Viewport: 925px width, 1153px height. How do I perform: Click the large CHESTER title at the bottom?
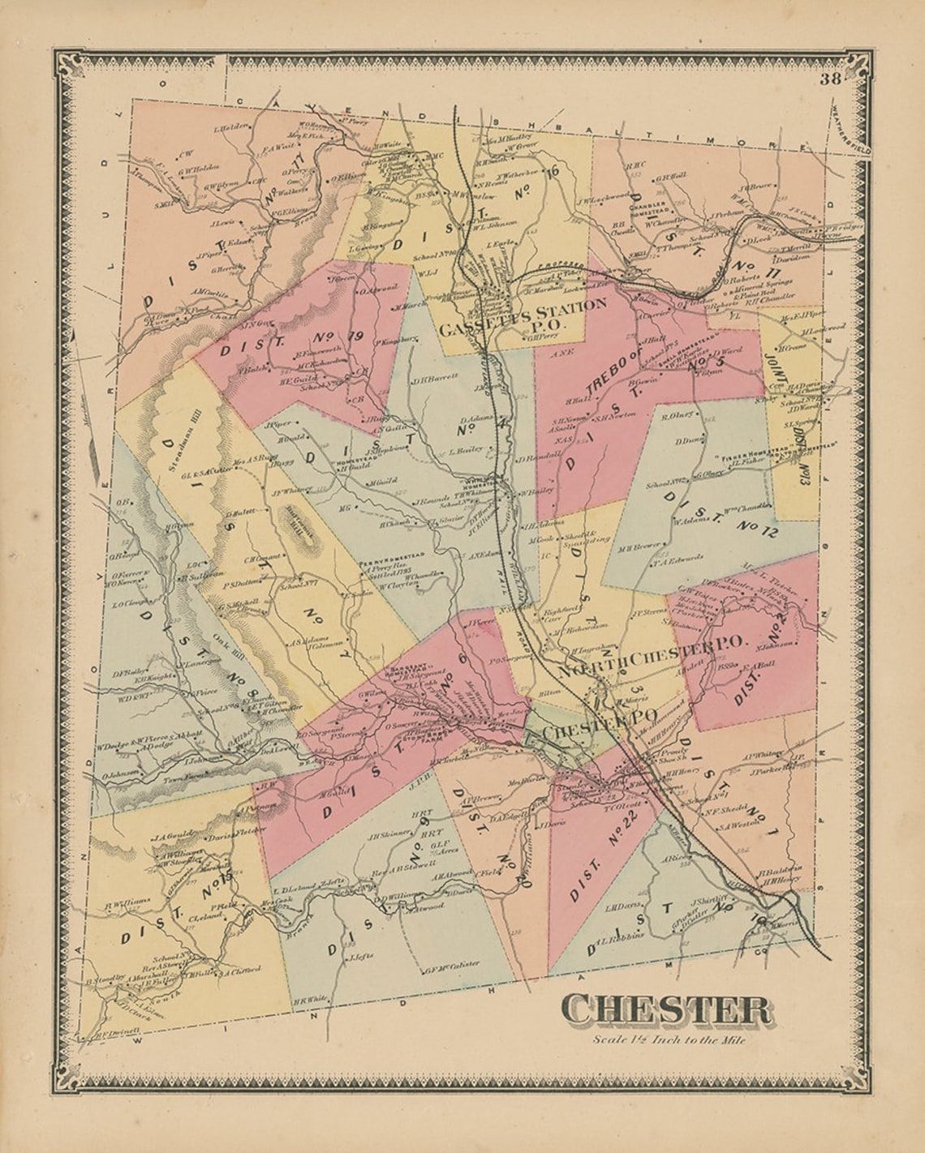pyautogui.click(x=666, y=1010)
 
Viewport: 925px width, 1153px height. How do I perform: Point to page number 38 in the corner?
pyautogui.click(x=830, y=79)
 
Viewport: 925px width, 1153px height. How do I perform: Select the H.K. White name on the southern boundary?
pyautogui.click(x=308, y=999)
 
